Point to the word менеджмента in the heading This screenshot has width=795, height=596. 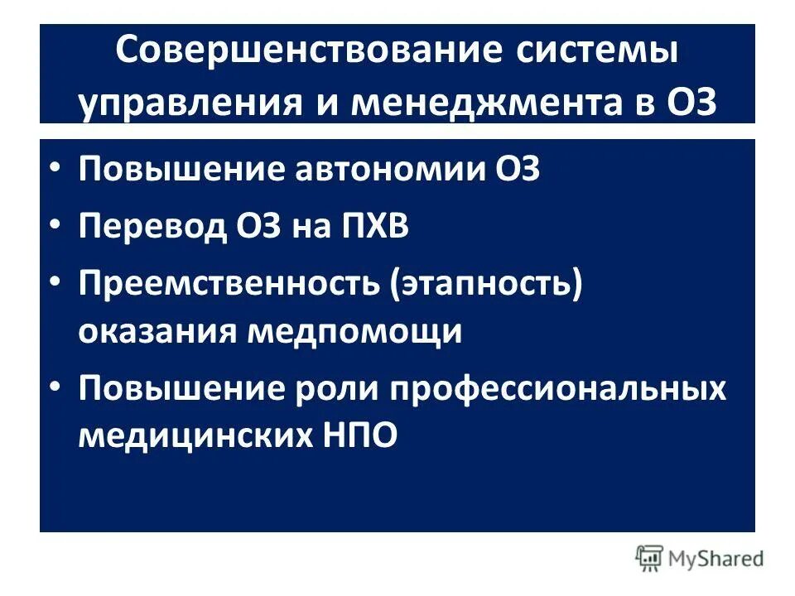click(478, 105)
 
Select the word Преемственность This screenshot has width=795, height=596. click(228, 284)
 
